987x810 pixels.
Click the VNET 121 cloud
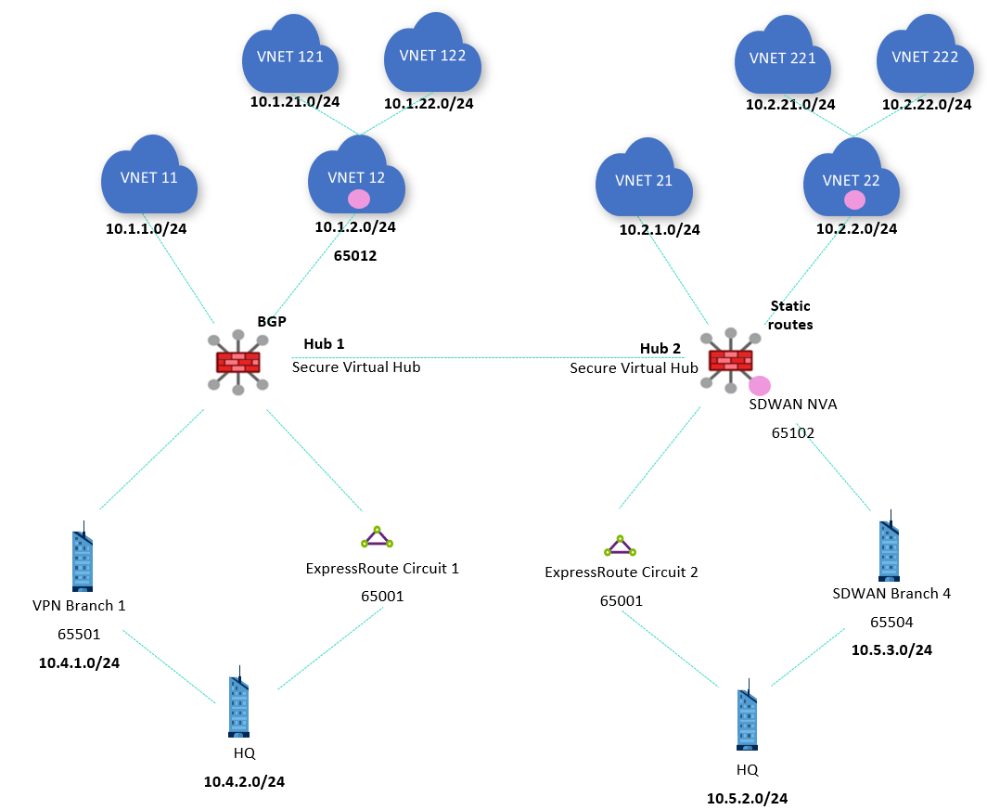[290, 57]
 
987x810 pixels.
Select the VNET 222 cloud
[924, 58]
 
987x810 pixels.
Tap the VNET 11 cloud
[149, 177]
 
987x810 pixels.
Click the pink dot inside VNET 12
[358, 199]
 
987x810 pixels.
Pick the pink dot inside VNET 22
[854, 199]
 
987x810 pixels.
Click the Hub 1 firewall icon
[238, 362]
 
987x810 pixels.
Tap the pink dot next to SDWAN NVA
[760, 385]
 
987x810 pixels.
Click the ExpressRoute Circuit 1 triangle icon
[377, 537]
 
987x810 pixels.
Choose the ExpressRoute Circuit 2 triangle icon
[619, 545]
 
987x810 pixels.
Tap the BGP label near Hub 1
[272, 321]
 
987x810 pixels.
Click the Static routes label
[791, 315]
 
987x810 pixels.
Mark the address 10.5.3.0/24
[891, 649]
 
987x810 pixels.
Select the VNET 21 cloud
[644, 181]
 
